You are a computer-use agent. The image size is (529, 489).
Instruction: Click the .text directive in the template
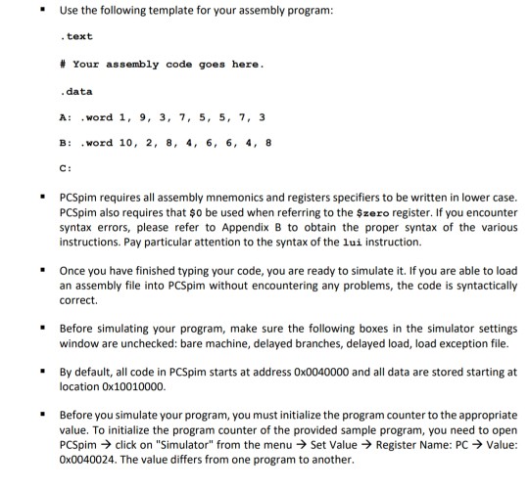(x=76, y=36)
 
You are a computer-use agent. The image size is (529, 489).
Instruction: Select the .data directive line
(x=76, y=91)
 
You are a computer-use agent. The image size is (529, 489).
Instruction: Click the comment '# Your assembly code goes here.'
(x=148, y=64)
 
